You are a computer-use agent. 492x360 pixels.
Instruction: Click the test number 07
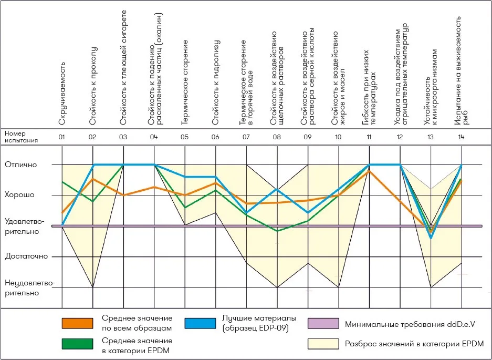pos(246,137)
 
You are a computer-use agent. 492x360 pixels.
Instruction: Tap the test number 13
pos(431,137)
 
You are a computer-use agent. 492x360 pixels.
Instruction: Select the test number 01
pos(62,137)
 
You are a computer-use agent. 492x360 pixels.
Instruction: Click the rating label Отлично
pos(20,164)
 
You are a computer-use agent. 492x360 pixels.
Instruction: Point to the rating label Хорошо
pos(19,195)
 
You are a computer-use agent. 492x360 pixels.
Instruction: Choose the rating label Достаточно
pos(26,256)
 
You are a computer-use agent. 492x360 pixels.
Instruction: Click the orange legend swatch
pos(78,323)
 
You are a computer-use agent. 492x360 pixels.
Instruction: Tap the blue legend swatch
pos(201,323)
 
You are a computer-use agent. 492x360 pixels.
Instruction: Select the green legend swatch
pos(78,344)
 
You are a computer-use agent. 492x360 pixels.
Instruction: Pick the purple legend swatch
pos(323,323)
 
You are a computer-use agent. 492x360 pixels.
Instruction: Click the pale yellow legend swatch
pos(323,344)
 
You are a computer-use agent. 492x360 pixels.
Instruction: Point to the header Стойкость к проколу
pos(92,86)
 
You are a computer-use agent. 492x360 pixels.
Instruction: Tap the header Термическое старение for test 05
pos(185,83)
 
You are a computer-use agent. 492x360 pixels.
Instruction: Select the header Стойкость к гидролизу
pos(216,83)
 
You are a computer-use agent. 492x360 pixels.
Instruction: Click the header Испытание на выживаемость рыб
pos(461,70)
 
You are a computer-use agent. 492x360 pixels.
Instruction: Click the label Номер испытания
pos(22,137)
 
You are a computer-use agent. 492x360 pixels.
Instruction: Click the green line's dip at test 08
pos(277,231)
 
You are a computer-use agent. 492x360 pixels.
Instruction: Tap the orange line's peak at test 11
pos(369,171)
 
